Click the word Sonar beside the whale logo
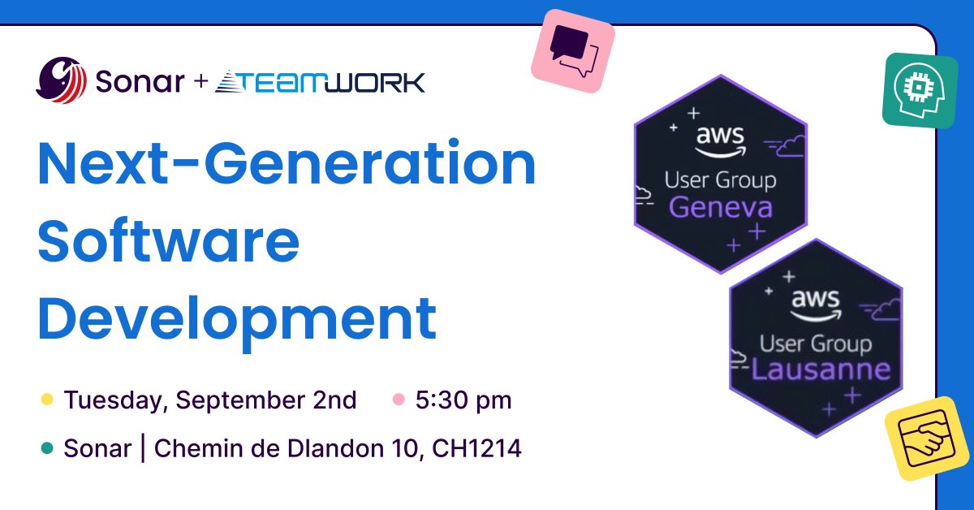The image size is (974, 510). click(139, 81)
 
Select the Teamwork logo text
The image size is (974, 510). click(320, 81)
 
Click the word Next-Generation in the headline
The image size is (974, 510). click(287, 166)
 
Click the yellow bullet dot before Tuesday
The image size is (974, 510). click(47, 400)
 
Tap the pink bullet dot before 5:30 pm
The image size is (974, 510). click(399, 400)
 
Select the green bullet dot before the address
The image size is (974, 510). click(47, 448)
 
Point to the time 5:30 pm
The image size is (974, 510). click(463, 400)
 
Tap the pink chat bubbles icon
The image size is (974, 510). click(572, 50)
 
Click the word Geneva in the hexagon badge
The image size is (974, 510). click(720, 208)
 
